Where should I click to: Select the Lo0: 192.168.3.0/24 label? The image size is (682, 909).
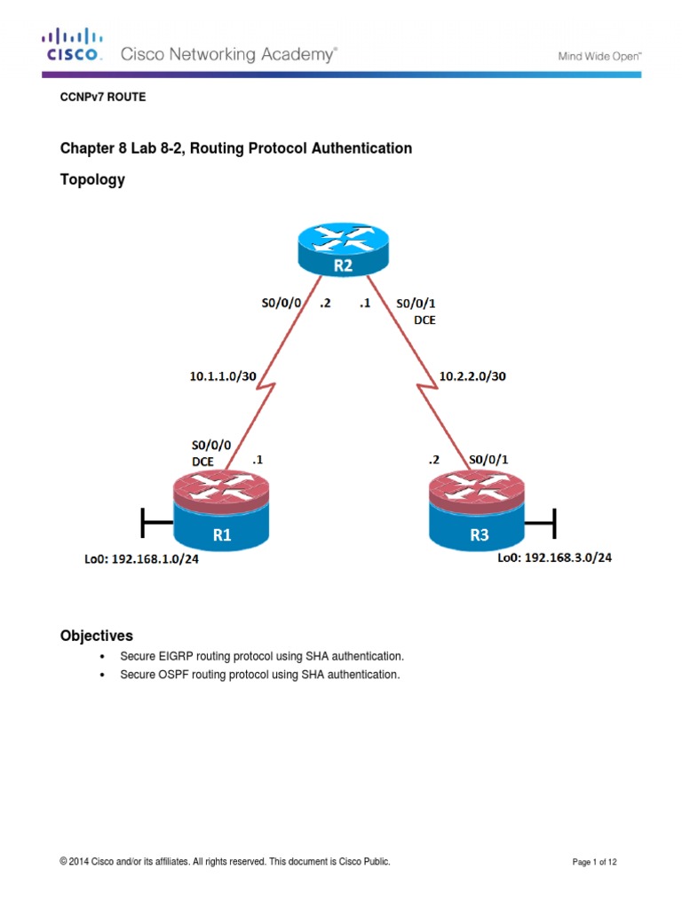554,558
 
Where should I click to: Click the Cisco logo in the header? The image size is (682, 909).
73,44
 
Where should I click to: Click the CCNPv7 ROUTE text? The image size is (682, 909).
102,98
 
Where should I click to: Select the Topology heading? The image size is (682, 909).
92,179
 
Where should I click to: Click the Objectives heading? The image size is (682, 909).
96,636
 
